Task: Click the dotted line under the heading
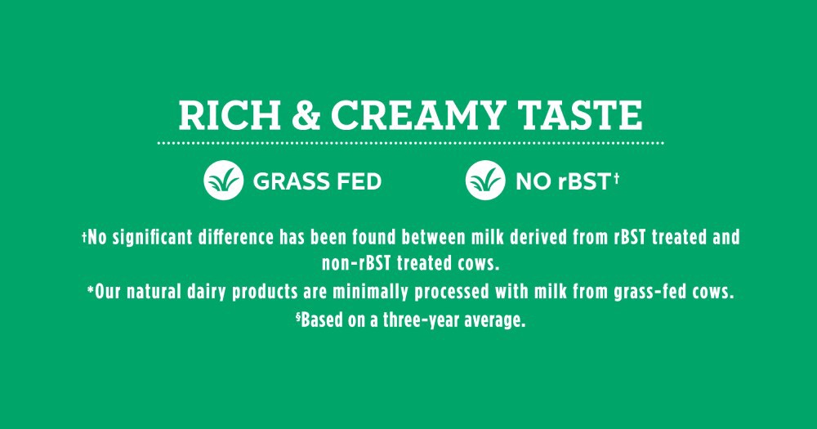(409, 143)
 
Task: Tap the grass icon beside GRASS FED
(223, 181)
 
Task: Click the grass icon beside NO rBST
(485, 181)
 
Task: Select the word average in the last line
(495, 320)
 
